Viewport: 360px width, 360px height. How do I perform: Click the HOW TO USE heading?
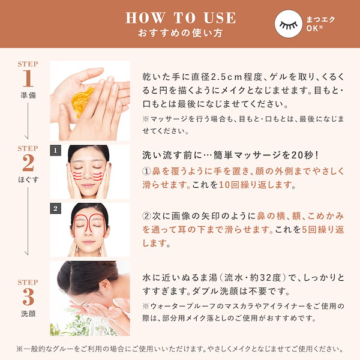point(180,17)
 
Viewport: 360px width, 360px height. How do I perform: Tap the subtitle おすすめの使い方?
point(180,32)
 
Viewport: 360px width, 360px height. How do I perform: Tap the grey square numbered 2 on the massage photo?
point(56,208)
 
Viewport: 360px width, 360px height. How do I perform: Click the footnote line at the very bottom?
point(180,349)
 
